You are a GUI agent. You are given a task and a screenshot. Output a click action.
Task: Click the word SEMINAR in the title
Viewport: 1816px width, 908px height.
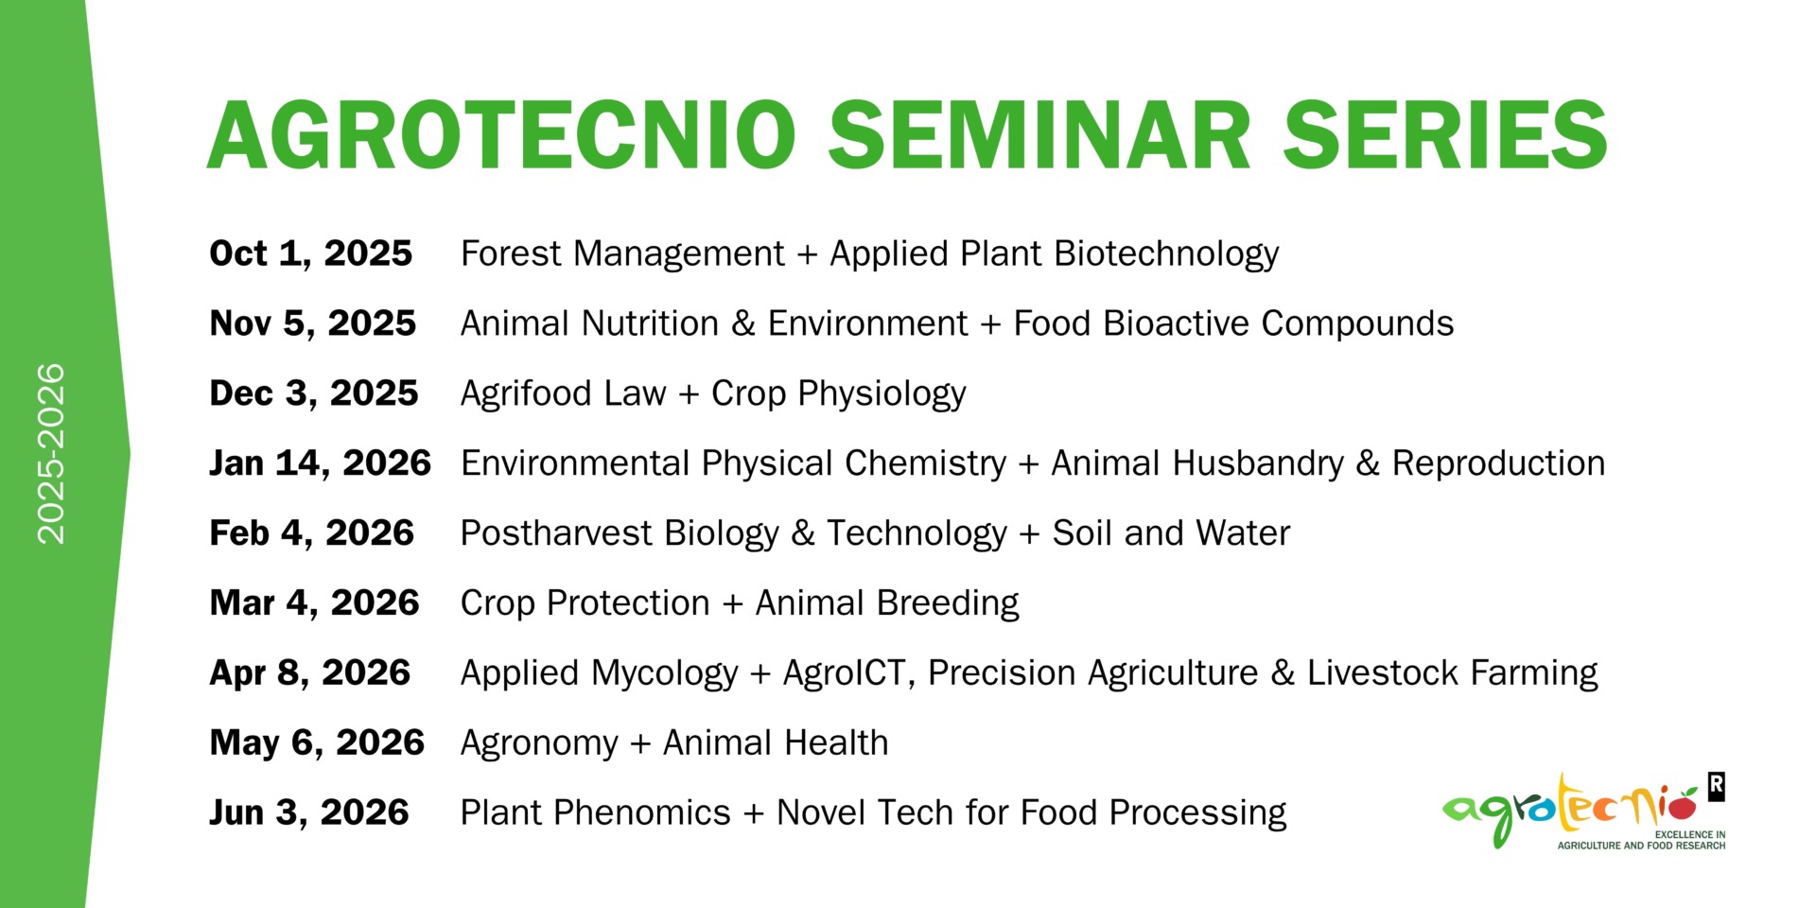(x=1039, y=135)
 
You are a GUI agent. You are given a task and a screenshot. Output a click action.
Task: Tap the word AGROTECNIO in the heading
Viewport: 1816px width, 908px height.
(x=501, y=135)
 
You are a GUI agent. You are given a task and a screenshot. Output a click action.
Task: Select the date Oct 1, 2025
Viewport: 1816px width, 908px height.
(x=311, y=253)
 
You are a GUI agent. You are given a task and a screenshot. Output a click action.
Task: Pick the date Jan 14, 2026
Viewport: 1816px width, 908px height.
(x=321, y=463)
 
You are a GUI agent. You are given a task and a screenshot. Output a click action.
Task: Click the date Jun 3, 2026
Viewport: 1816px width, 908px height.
(x=309, y=812)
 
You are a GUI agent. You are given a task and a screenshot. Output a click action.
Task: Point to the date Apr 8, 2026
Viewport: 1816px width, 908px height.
(x=310, y=672)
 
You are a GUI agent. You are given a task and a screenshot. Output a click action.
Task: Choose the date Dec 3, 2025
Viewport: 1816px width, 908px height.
(x=314, y=393)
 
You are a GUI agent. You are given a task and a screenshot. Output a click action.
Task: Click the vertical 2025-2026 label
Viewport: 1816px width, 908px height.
(x=50, y=454)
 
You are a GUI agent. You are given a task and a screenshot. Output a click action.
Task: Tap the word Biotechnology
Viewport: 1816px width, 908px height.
(x=1166, y=254)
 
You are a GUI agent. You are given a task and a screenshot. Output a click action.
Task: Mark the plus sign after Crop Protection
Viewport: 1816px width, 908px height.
(x=732, y=604)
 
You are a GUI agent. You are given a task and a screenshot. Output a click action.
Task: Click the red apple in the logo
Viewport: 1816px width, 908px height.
(x=1681, y=806)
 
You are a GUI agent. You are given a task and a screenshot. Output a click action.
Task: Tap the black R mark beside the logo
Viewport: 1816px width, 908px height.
(x=1717, y=787)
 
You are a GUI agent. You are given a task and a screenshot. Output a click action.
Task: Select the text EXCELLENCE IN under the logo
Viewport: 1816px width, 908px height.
(x=1690, y=834)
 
